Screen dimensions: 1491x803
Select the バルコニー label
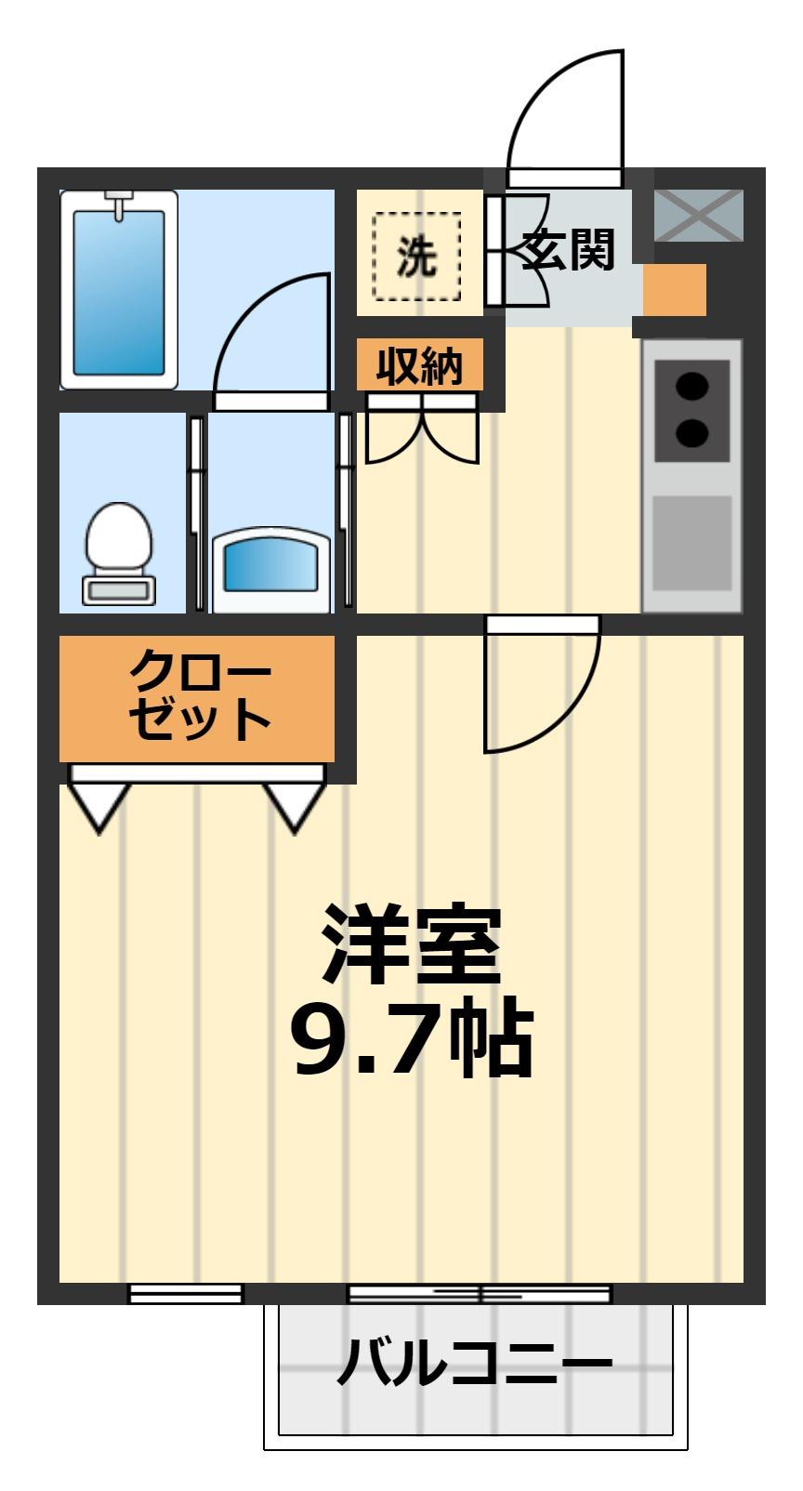coord(475,1364)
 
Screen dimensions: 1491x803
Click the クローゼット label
coord(199,696)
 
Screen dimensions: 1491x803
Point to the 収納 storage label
coord(419,365)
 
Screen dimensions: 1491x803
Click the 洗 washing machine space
coord(417,257)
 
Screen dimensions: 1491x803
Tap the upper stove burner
coord(691,385)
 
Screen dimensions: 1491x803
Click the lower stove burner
coord(691,432)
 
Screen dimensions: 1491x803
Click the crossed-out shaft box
coord(699,215)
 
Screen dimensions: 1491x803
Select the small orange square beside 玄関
coord(675,290)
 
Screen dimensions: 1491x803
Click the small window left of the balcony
coord(185,1293)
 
